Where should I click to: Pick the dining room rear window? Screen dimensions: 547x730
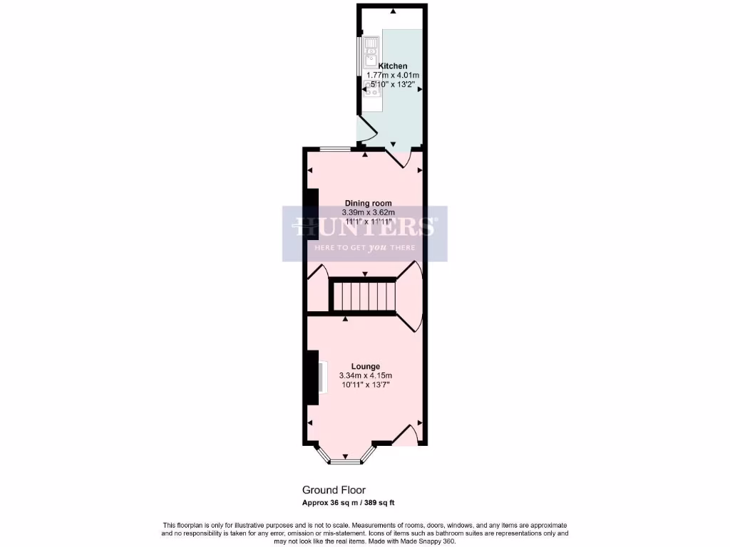point(334,149)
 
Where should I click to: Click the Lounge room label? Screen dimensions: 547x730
point(365,366)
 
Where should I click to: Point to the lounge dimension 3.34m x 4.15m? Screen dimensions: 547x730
point(365,375)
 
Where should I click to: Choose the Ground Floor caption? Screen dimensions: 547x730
point(334,490)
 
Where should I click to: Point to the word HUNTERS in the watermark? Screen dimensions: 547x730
point(365,226)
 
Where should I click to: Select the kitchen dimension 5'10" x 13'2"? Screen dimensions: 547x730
point(393,84)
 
